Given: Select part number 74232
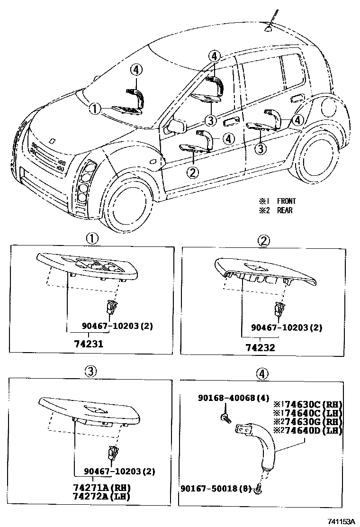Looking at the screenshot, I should [x=260, y=347].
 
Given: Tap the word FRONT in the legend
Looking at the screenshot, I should [x=287, y=201].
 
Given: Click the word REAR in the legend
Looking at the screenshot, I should [x=285, y=210].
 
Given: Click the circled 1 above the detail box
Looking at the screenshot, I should [x=91, y=238].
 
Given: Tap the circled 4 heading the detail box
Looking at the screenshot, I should [x=262, y=374].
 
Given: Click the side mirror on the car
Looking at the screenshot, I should [x=176, y=127].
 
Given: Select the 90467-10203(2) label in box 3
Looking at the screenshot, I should [x=119, y=472].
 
